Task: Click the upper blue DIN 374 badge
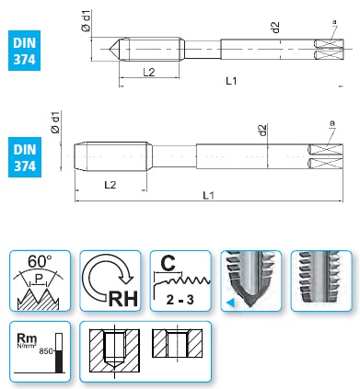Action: (x=24, y=51)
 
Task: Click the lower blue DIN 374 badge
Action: (x=25, y=157)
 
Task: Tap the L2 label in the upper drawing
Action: (x=149, y=73)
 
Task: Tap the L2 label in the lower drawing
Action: (x=110, y=185)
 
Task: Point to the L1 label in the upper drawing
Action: (x=231, y=81)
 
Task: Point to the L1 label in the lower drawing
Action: (x=209, y=195)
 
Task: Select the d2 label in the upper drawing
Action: (x=276, y=27)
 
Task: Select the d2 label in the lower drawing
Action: (x=262, y=130)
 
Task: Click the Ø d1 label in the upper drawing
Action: (x=87, y=20)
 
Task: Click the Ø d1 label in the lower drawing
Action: (x=56, y=122)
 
